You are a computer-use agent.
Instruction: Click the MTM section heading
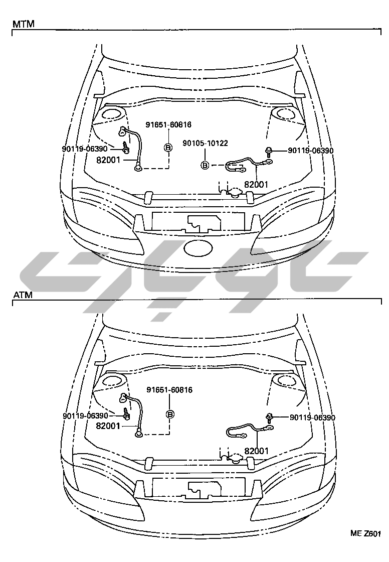point(23,24)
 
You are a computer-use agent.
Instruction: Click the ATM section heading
point(23,295)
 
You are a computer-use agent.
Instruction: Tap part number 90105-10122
point(205,143)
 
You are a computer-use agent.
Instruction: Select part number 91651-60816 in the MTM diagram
point(168,125)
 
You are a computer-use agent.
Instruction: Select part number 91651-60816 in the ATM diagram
point(169,389)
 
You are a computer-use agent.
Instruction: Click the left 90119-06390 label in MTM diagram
point(85,149)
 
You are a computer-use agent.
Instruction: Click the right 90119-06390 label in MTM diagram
point(311,151)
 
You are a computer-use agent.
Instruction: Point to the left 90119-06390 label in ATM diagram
point(85,416)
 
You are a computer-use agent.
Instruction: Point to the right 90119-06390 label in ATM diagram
point(313,417)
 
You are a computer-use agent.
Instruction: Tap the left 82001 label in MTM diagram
point(108,160)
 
